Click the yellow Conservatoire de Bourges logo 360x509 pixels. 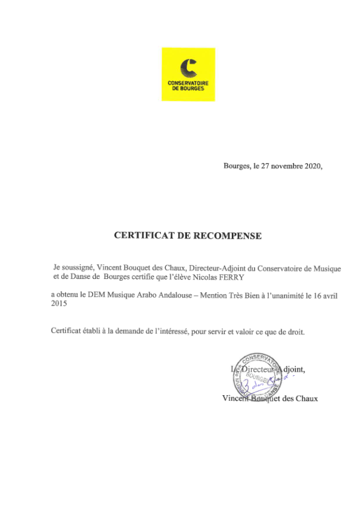[188, 74]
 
